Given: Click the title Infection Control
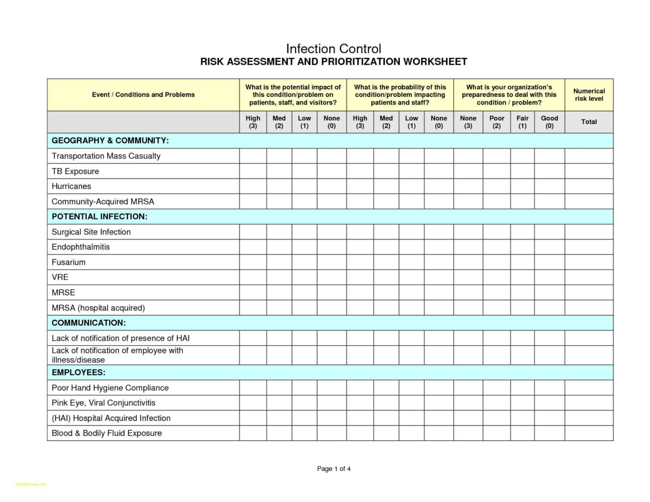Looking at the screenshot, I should (333, 49).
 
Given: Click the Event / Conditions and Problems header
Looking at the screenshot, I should (143, 95).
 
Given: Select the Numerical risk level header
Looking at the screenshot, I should (589, 95).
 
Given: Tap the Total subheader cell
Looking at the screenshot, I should (589, 122).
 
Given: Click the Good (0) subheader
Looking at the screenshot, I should (549, 122).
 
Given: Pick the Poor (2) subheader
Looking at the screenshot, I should (496, 122).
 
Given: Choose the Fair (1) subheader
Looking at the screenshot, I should (522, 122).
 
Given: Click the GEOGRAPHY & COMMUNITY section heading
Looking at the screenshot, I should (110, 141).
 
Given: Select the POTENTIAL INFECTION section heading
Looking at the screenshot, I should (99, 217).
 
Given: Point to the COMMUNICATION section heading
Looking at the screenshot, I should (89, 323).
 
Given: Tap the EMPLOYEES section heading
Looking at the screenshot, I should (78, 373).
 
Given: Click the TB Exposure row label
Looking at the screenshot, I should (75, 171).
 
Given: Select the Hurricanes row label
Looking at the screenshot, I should (71, 186).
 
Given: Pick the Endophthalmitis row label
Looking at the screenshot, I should (81, 247).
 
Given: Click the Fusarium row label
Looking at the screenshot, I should (68, 262).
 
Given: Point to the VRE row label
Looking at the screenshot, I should (60, 277).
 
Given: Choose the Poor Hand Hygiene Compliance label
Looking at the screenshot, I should (110, 388).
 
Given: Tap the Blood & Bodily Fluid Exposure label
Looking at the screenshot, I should (107, 433).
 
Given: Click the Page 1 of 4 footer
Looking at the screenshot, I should (334, 469).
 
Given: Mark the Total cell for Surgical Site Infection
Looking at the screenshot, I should (589, 232).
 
